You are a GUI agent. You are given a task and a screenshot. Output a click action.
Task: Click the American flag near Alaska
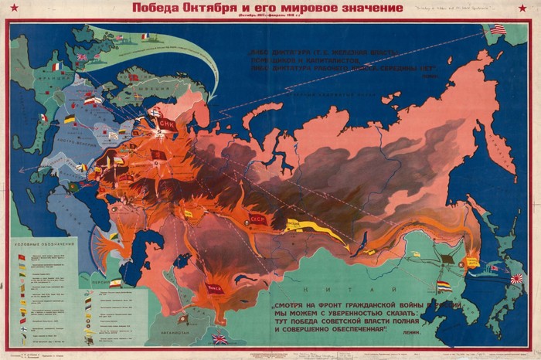pos(497,29)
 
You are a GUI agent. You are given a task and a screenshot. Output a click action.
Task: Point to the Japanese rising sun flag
pos(517,279)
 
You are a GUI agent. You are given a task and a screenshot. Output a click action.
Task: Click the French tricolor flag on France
pos(56,67)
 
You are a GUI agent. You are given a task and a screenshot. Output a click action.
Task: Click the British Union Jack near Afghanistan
pos(220,338)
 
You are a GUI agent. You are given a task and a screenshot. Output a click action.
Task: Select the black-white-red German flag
pos(70,120)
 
